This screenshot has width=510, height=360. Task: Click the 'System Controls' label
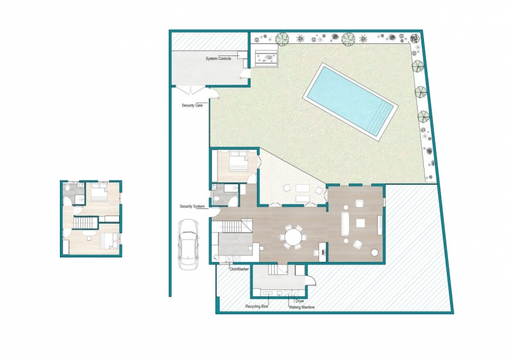[x=218, y=59]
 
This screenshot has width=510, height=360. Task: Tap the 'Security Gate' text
[x=193, y=105]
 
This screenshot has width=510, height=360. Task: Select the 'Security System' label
[x=193, y=206]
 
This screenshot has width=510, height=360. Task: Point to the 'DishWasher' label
[x=240, y=270]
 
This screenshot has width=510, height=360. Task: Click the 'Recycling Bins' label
[x=257, y=306]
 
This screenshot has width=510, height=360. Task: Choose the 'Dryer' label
[x=300, y=301]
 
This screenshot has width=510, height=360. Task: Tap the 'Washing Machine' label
[x=302, y=307]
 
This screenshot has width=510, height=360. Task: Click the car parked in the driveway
[x=188, y=244]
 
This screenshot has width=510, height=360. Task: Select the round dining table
[x=293, y=237]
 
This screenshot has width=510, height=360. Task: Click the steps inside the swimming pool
[x=382, y=119]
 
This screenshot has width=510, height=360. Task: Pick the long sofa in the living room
[x=345, y=224]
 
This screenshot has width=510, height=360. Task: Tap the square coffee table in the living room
[x=360, y=223]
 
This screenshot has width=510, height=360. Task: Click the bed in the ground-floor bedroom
[x=239, y=161]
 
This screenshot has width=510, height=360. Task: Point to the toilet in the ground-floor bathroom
[x=217, y=199]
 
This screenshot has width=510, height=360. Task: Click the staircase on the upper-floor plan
[x=85, y=223]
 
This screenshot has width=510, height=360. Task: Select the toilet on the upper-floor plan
[x=66, y=189]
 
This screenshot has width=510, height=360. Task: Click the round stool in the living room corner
[x=375, y=252]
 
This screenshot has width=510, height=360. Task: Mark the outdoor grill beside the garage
[x=266, y=58]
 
